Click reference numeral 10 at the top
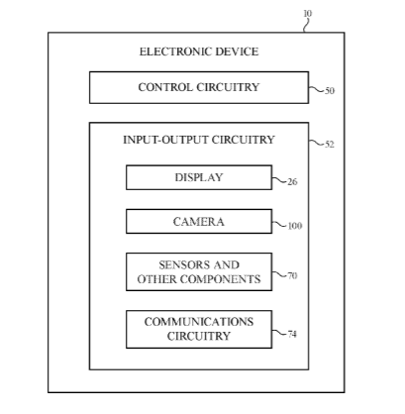point(307,14)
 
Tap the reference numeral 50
point(330,91)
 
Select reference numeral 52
point(330,145)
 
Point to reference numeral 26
point(292,182)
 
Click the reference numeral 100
point(295,226)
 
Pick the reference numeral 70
point(292,275)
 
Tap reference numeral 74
point(292,334)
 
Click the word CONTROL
point(165,87)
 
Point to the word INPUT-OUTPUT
point(165,140)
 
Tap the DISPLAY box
point(199,177)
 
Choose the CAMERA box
point(199,222)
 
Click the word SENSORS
point(183,265)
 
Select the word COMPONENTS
point(221,279)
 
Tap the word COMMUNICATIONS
point(199,322)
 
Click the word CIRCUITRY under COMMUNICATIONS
point(199,336)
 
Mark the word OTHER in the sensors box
point(157,279)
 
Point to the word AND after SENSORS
point(226,265)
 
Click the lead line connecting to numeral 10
point(307,26)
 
